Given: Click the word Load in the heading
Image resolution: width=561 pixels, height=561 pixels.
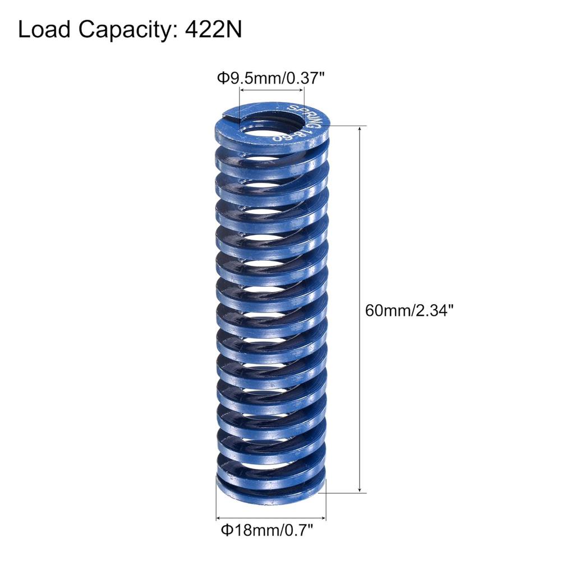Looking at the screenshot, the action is (44, 30).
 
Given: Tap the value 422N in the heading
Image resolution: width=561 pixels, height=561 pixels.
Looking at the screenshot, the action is (213, 30).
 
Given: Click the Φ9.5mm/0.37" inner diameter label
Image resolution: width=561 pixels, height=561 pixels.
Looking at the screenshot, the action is (271, 78).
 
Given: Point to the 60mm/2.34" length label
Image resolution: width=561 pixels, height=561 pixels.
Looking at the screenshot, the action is (410, 310).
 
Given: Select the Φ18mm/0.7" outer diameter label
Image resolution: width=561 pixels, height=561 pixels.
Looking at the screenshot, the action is (267, 530).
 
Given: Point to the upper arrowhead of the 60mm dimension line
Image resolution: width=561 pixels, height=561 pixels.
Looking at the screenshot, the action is (360, 129).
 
